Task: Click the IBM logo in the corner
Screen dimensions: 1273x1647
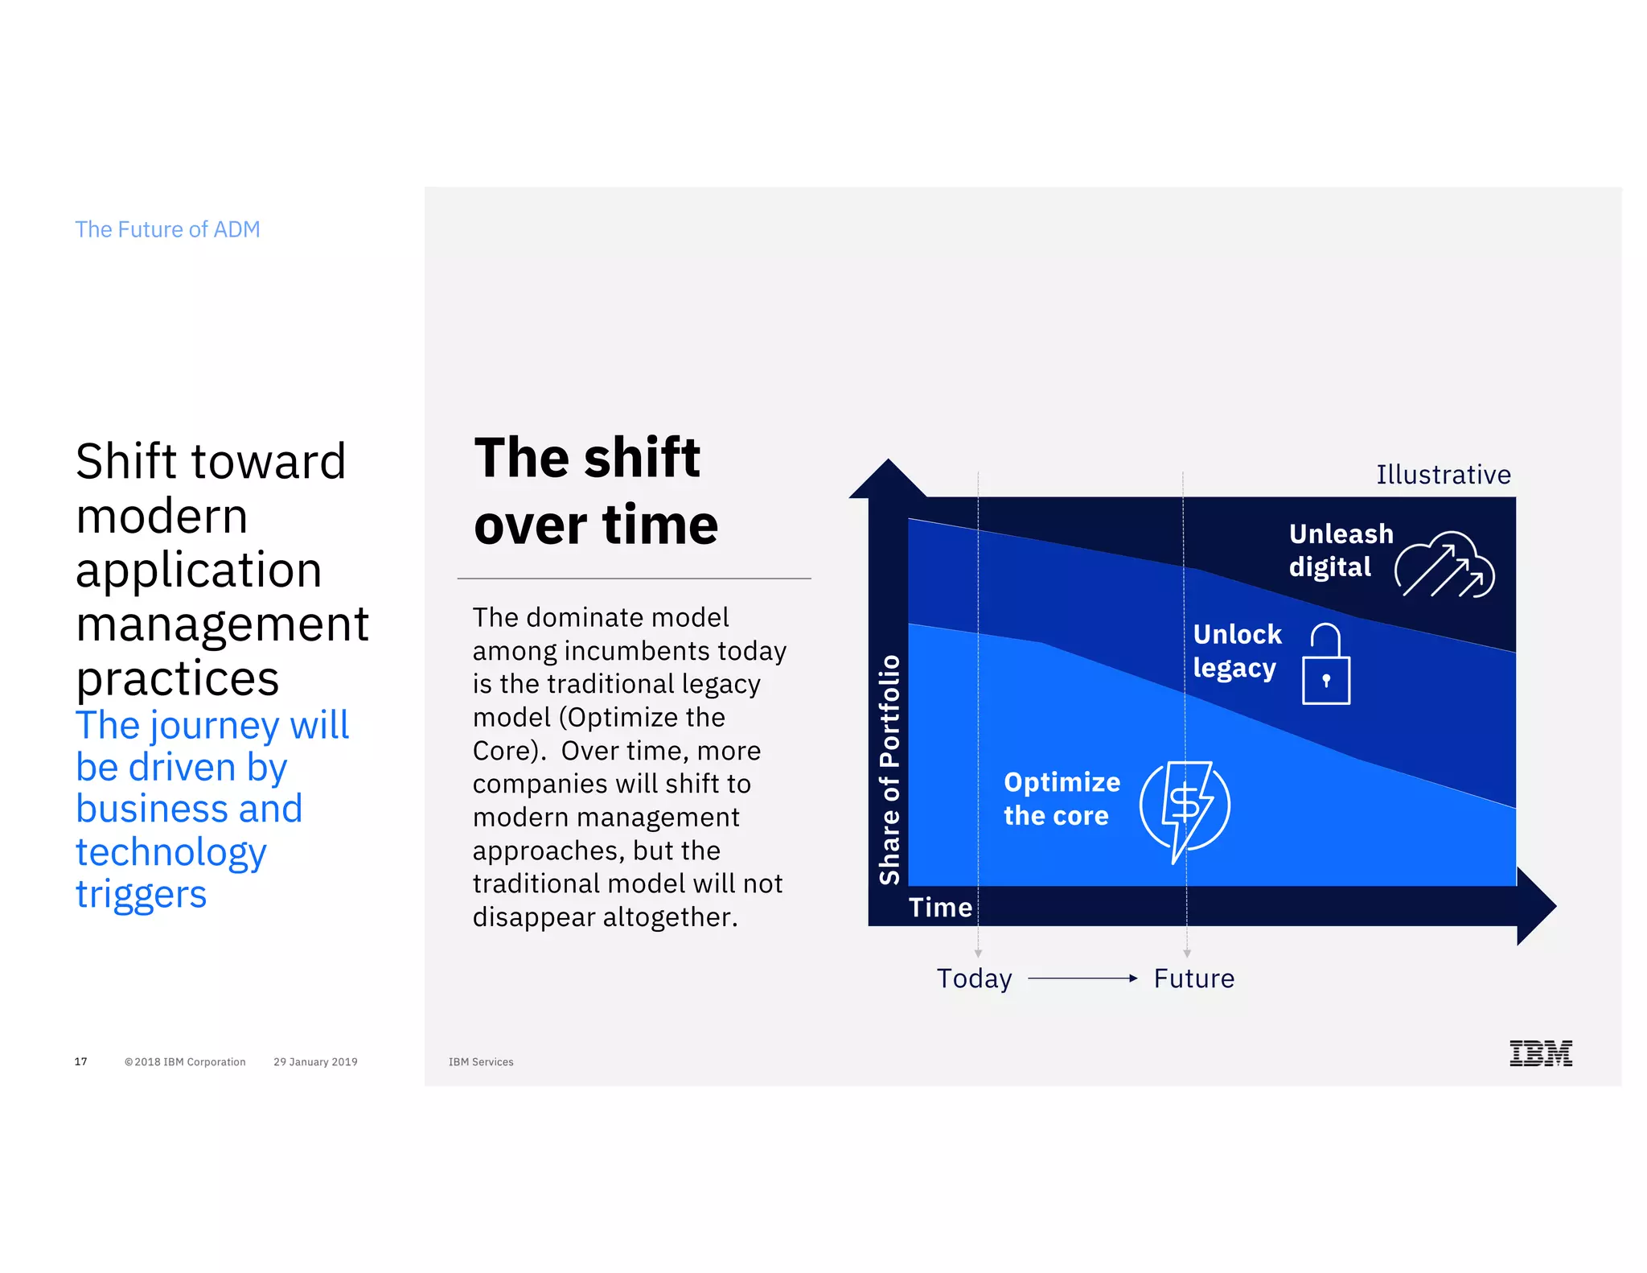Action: [x=1540, y=1053]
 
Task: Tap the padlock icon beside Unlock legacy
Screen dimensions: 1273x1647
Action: [x=1325, y=665]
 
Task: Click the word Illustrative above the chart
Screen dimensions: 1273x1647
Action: [x=1443, y=475]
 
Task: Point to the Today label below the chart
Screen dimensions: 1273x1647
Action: [x=974, y=978]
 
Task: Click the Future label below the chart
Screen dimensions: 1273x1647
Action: [x=1193, y=978]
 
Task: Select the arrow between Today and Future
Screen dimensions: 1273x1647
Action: [x=1082, y=978]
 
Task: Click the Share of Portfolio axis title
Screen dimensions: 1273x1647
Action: [x=889, y=769]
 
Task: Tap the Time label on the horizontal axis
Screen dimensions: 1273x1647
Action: [x=940, y=908]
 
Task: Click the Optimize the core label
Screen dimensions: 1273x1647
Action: [x=1061, y=798]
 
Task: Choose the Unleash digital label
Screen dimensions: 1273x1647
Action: [x=1340, y=550]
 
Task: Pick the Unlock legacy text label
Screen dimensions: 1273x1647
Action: [x=1237, y=651]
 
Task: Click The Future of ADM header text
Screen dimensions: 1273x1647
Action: [x=167, y=229]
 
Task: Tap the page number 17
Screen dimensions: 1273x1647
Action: [x=80, y=1061]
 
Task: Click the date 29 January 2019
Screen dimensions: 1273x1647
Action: [x=315, y=1061]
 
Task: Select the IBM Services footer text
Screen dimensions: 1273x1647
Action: [x=481, y=1061]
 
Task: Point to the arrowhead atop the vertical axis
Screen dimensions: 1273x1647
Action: [x=888, y=480]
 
